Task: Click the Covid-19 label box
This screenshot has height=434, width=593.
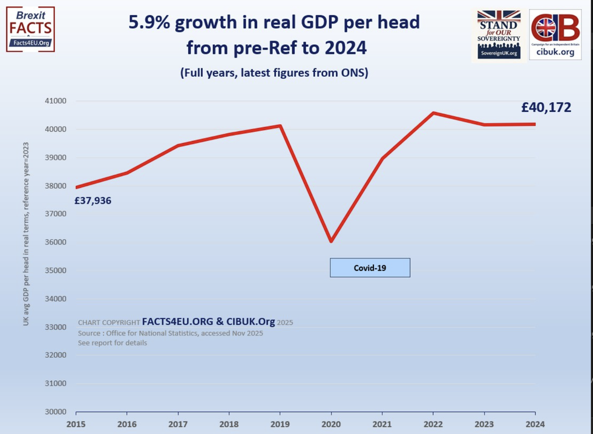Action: tap(370, 268)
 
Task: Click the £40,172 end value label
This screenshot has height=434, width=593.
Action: tap(546, 108)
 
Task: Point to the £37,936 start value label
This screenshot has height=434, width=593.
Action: tap(93, 200)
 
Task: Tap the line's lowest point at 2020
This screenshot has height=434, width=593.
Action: tap(331, 242)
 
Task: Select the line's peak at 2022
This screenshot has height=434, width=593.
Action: tap(433, 113)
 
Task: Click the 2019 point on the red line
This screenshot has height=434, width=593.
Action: tap(280, 126)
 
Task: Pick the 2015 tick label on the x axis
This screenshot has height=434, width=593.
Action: tap(76, 424)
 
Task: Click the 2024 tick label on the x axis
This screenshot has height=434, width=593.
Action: tap(535, 424)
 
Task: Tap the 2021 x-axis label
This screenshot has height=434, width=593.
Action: tap(382, 424)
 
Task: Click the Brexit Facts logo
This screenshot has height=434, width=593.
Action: tap(30, 28)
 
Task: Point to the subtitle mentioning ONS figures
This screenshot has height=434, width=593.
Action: tap(274, 73)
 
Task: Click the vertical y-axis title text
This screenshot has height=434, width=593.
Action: tap(25, 234)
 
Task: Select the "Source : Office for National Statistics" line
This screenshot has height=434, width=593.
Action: tap(170, 334)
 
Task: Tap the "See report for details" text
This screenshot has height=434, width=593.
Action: tap(113, 343)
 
